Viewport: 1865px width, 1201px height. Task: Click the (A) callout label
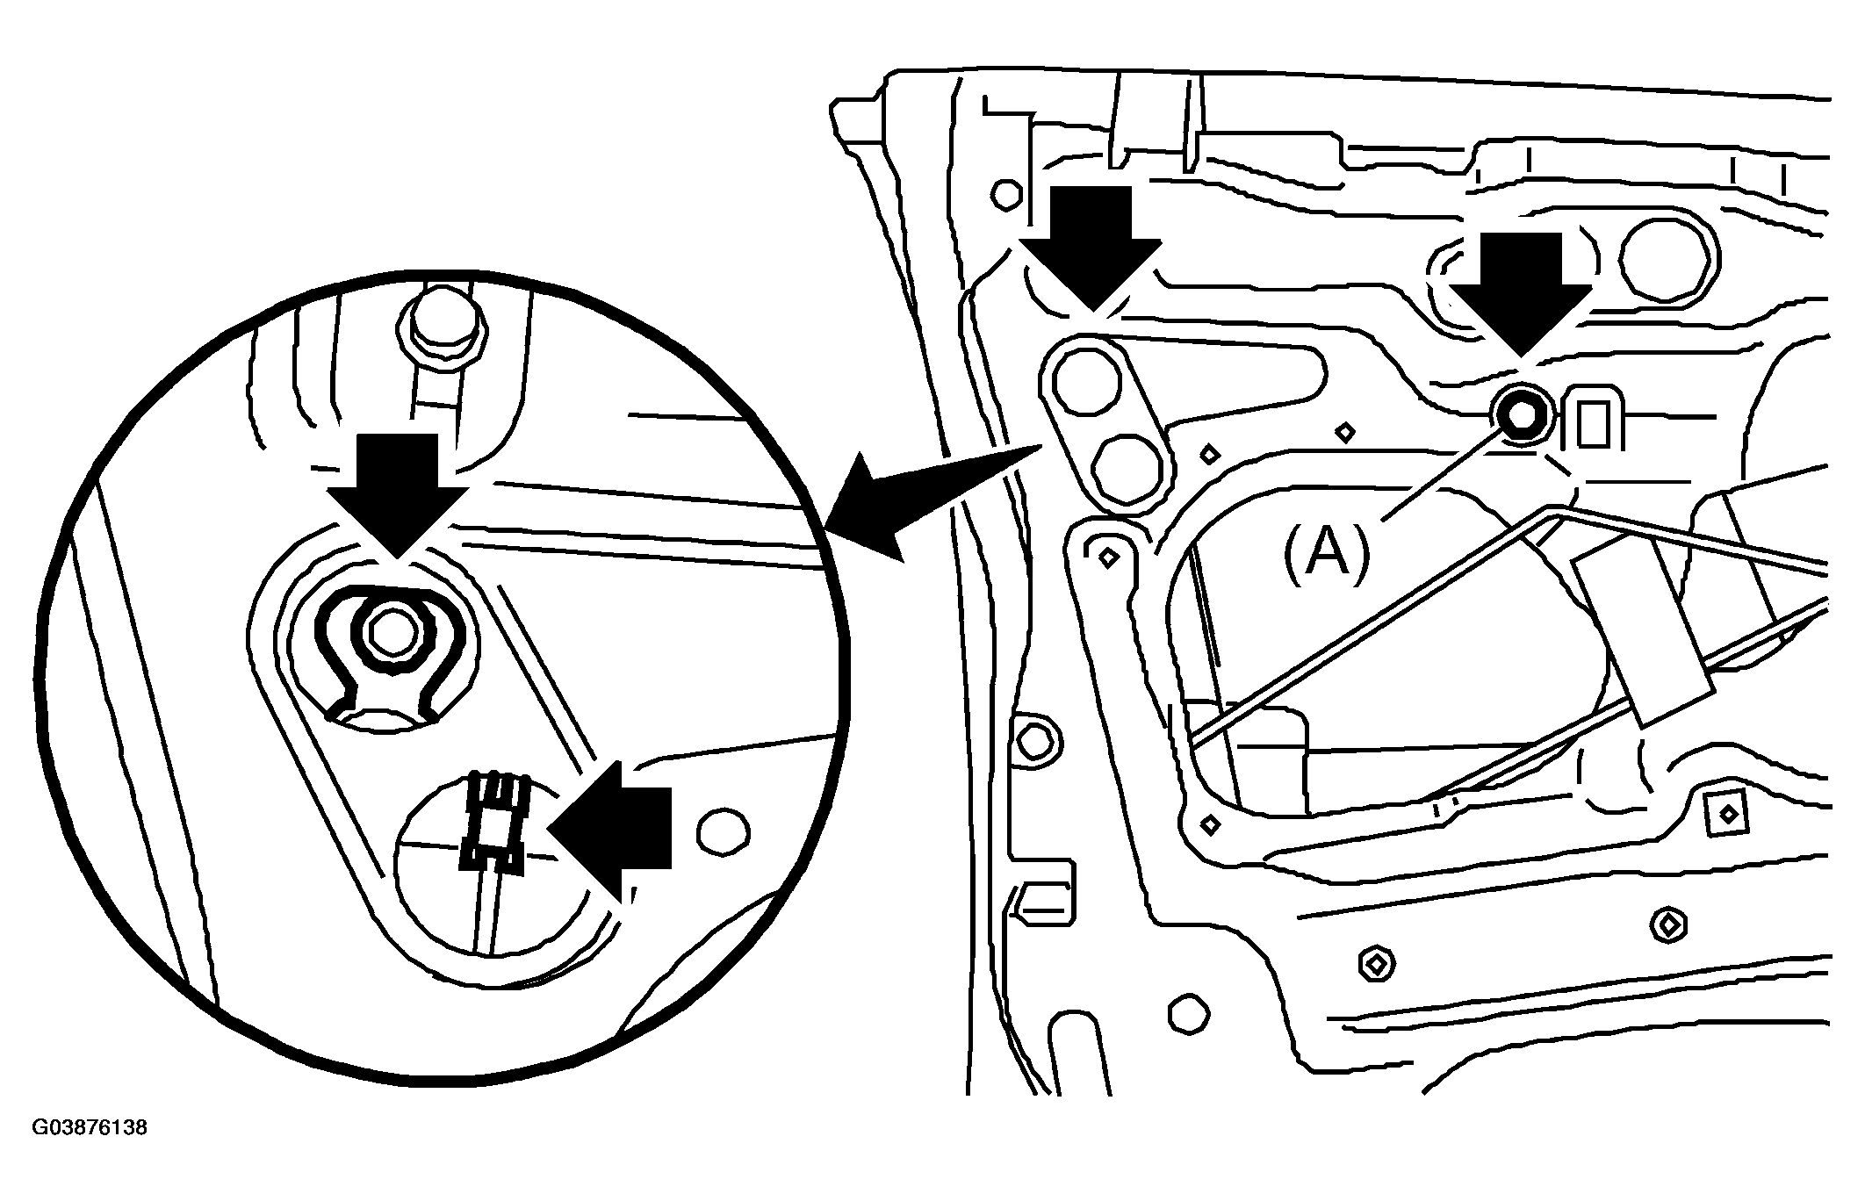(1327, 553)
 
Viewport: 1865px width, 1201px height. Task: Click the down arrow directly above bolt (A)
(1520, 294)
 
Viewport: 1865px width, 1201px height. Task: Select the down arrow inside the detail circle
(397, 495)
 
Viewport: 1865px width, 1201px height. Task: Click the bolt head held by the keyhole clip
(391, 632)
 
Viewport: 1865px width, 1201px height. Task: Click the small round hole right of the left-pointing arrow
(723, 830)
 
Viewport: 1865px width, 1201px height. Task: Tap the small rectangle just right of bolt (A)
(1591, 424)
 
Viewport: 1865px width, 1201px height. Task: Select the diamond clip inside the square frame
(1727, 814)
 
